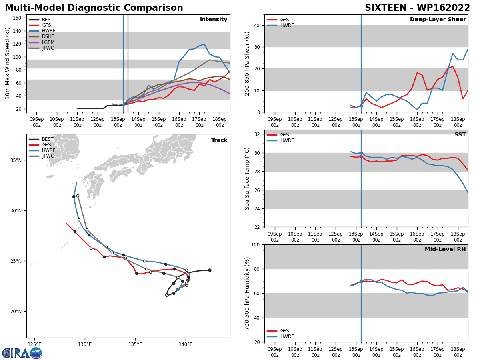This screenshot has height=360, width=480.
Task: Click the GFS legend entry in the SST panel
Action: [282, 135]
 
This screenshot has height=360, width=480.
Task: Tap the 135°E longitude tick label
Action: [135, 344]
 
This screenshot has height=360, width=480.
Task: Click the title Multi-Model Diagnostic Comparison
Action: [94, 8]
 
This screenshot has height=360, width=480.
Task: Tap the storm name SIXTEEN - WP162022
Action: [417, 8]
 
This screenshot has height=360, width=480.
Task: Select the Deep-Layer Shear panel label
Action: [438, 20]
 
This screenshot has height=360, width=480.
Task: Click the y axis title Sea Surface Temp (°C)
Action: [247, 178]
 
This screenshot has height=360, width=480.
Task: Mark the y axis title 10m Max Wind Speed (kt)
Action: [8, 63]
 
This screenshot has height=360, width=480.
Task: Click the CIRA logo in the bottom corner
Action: [22, 353]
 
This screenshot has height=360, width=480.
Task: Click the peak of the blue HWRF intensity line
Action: [204, 44]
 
